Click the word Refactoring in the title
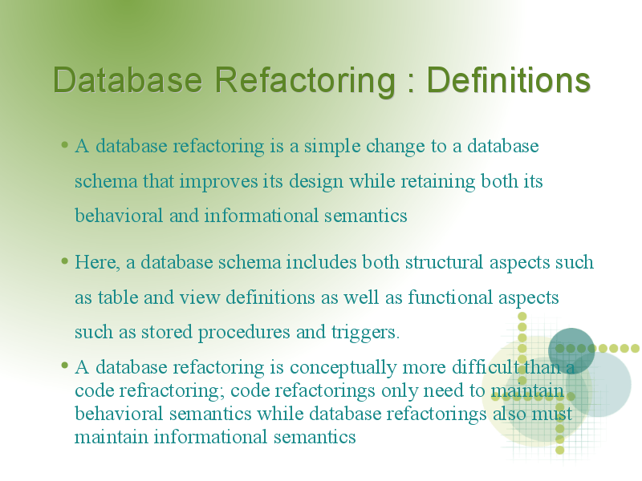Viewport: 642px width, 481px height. (x=305, y=81)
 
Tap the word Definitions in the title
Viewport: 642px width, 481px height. (x=509, y=79)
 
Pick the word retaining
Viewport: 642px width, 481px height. (x=437, y=182)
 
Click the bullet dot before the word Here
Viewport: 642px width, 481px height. (x=64, y=261)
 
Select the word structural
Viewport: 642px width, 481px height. (x=445, y=262)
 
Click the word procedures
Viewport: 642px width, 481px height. (x=244, y=333)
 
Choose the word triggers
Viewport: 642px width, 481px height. (x=365, y=333)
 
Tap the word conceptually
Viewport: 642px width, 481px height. (x=343, y=368)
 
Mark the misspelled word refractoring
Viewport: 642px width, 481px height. (x=172, y=390)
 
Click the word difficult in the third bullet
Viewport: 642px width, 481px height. (x=486, y=367)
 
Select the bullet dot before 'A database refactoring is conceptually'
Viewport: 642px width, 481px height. (x=64, y=365)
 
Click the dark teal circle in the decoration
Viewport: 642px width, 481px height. (x=571, y=350)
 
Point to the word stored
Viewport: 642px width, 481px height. (x=167, y=332)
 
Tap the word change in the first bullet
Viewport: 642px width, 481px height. (x=395, y=147)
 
